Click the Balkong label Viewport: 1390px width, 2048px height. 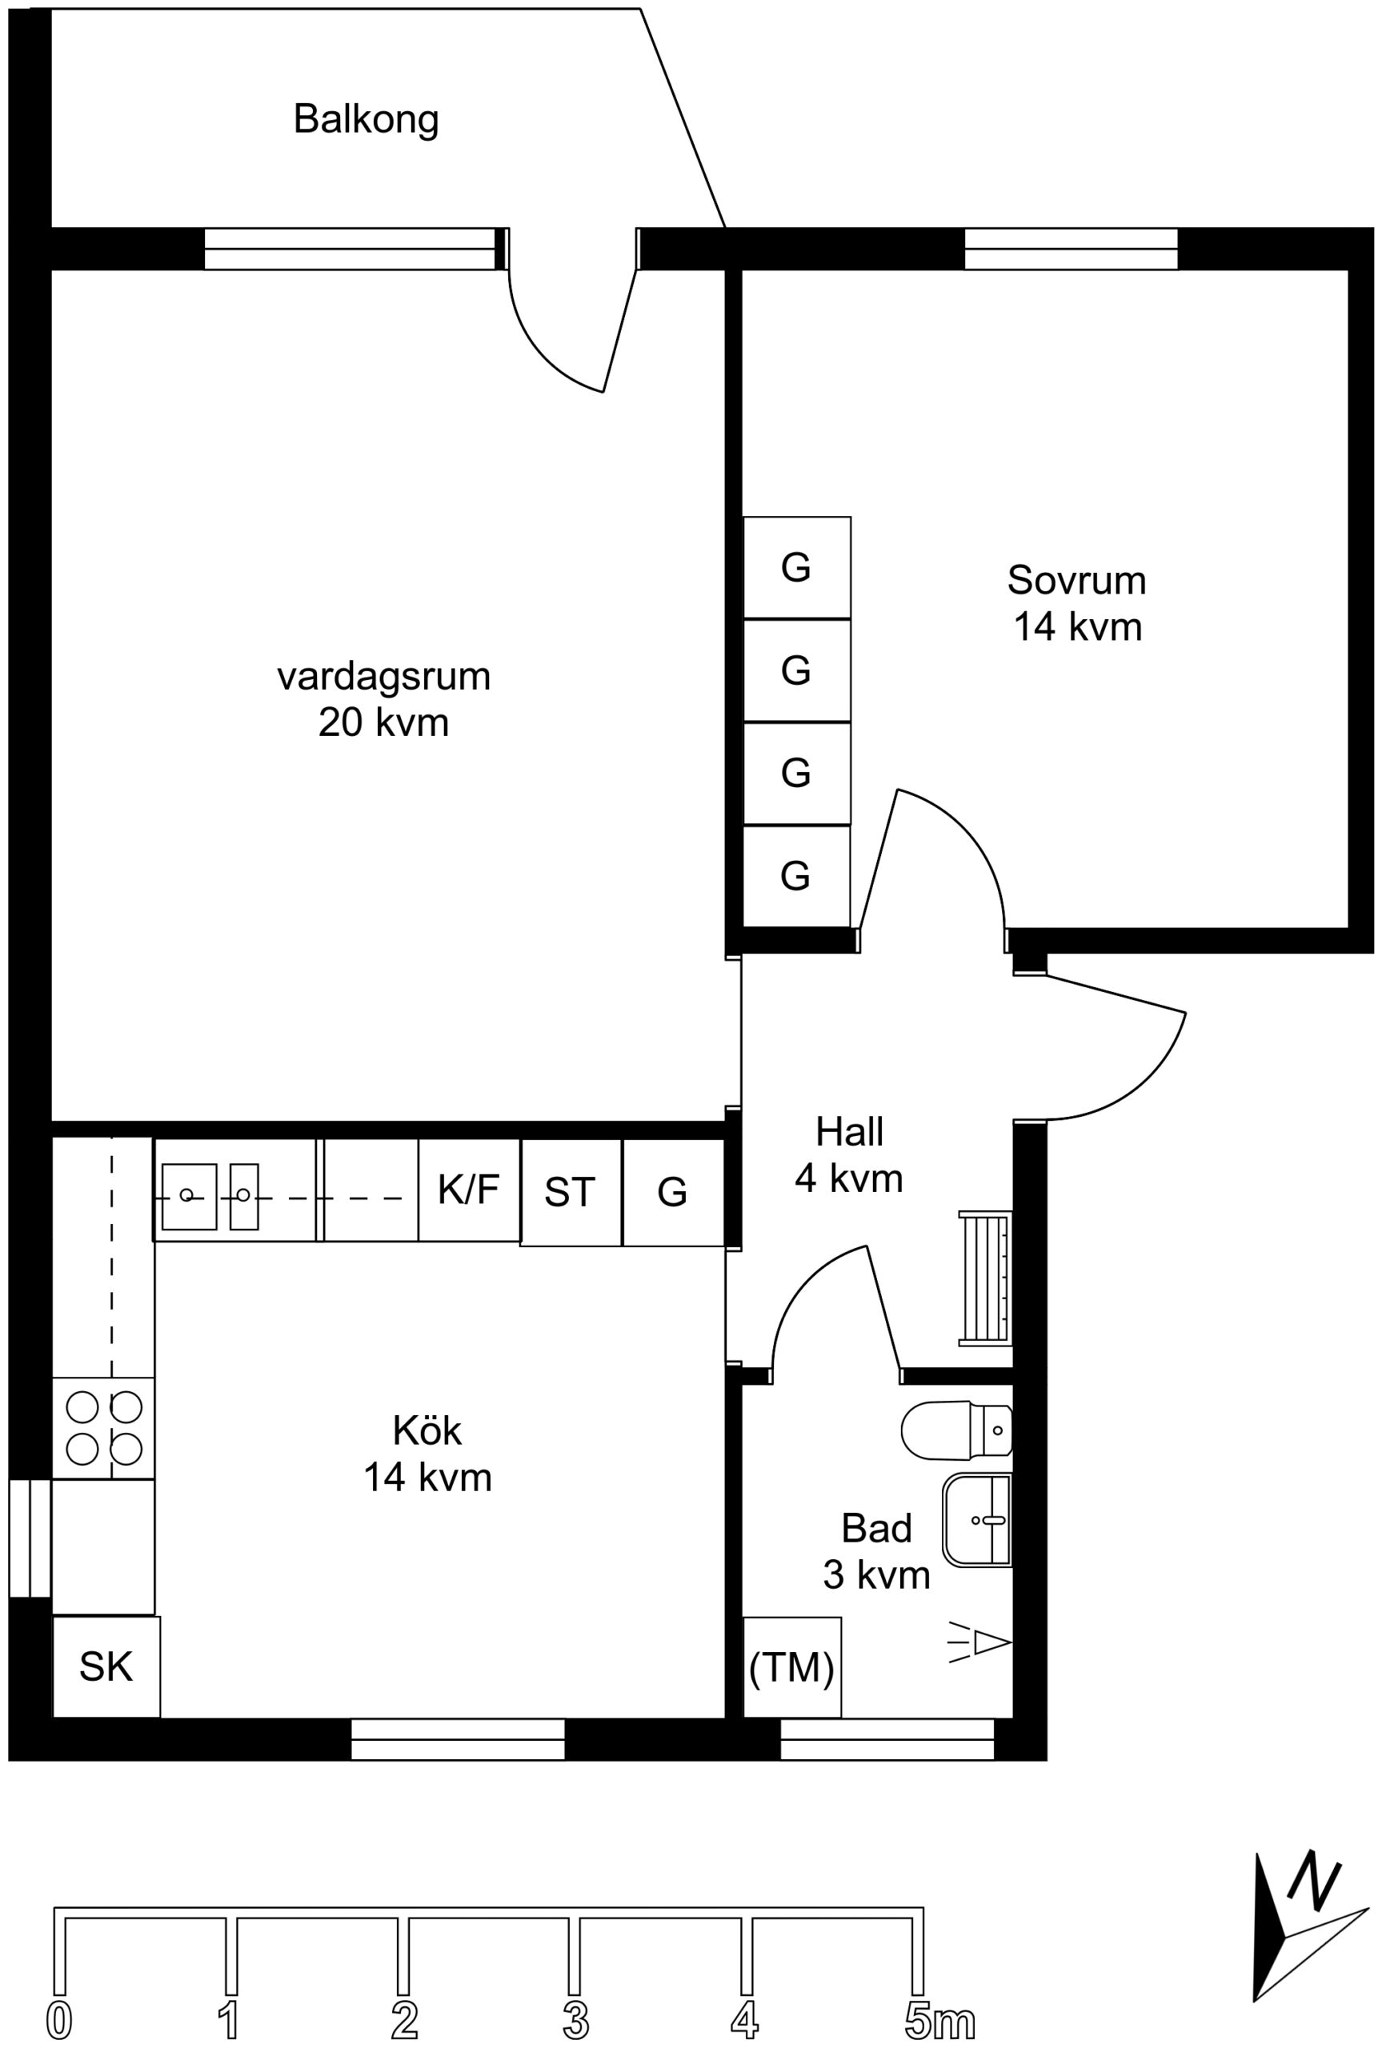366,119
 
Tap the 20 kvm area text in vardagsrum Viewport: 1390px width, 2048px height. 383,722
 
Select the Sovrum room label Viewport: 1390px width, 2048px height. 1076,580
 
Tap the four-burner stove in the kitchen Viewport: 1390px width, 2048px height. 103,1428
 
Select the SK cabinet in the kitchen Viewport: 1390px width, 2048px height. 106,1666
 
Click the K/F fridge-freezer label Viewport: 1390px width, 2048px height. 468,1190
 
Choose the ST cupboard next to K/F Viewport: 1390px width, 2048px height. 571,1192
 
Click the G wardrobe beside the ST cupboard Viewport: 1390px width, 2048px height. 674,1192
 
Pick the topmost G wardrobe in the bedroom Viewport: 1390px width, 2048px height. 797,567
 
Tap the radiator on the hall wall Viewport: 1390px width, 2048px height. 984,1278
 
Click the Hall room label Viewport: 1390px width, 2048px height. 849,1132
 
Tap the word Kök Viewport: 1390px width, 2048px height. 427,1430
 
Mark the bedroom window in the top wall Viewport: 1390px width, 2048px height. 1071,249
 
